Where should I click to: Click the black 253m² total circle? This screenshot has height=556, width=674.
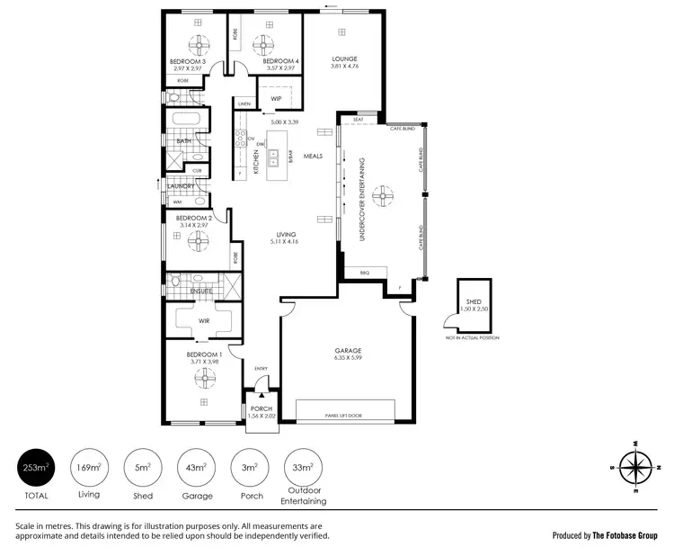37,468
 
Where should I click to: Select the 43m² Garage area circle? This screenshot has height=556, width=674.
196,468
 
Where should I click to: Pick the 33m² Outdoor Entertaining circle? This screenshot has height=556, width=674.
303,468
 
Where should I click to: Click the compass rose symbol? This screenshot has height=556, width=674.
635,468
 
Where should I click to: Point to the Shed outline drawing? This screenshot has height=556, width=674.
473,305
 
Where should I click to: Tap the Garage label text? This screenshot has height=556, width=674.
348,350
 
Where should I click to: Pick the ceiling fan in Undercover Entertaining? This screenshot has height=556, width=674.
384,193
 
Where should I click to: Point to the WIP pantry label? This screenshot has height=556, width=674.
276,98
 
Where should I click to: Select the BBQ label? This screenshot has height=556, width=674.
364,272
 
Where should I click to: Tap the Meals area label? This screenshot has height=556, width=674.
312,155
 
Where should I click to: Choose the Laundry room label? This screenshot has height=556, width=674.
180,186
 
